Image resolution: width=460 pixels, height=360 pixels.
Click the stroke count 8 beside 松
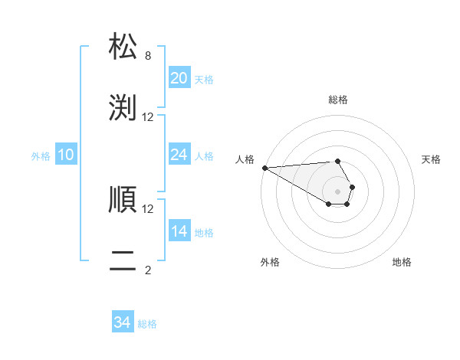pyautogui.click(x=148, y=56)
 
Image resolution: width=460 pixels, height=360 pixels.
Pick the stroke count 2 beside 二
pyautogui.click(x=148, y=270)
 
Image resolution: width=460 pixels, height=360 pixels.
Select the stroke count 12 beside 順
pyautogui.click(x=148, y=208)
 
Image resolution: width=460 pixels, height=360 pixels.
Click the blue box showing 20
pyautogui.click(x=179, y=78)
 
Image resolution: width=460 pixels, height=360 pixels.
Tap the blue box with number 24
pyautogui.click(x=179, y=155)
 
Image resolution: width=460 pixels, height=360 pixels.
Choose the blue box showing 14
pyautogui.click(x=179, y=231)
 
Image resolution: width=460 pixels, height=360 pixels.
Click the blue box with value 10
pyautogui.click(x=66, y=155)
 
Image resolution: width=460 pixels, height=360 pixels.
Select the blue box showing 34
pyautogui.click(x=122, y=322)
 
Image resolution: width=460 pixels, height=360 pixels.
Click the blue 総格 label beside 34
pyautogui.click(x=147, y=324)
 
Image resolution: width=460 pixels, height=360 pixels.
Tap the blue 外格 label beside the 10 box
pyautogui.click(x=41, y=156)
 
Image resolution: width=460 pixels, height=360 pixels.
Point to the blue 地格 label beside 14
pyautogui.click(x=204, y=233)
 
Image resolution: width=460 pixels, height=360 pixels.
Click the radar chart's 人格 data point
pyautogui.click(x=264, y=168)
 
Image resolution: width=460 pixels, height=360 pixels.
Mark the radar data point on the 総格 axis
pyautogui.click(x=337, y=161)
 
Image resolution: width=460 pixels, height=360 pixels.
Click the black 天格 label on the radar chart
pyautogui.click(x=431, y=159)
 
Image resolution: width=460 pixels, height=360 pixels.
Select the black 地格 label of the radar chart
pyautogui.click(x=402, y=262)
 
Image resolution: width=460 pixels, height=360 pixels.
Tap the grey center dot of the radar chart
pyautogui.click(x=337, y=191)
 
